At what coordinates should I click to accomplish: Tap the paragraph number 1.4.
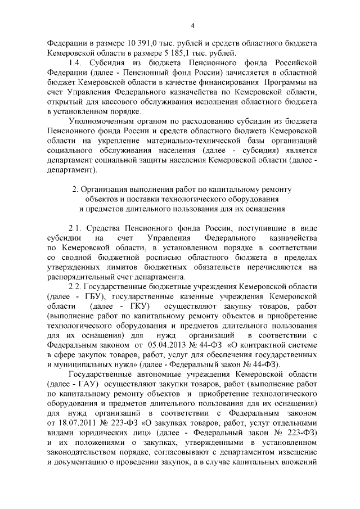click(76, 63)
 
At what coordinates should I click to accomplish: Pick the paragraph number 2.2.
click(76, 286)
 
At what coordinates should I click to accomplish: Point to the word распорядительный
click(81, 277)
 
